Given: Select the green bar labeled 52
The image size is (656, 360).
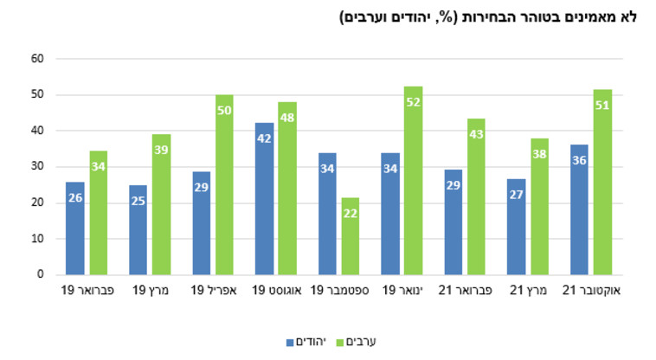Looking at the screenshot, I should point(413,181).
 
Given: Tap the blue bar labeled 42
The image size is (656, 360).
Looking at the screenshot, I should point(264,199).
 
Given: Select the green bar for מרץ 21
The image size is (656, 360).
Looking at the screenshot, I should point(539,207).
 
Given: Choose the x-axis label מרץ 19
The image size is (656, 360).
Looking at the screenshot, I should point(150,291).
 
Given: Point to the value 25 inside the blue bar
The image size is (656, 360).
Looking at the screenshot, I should point(138,201).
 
